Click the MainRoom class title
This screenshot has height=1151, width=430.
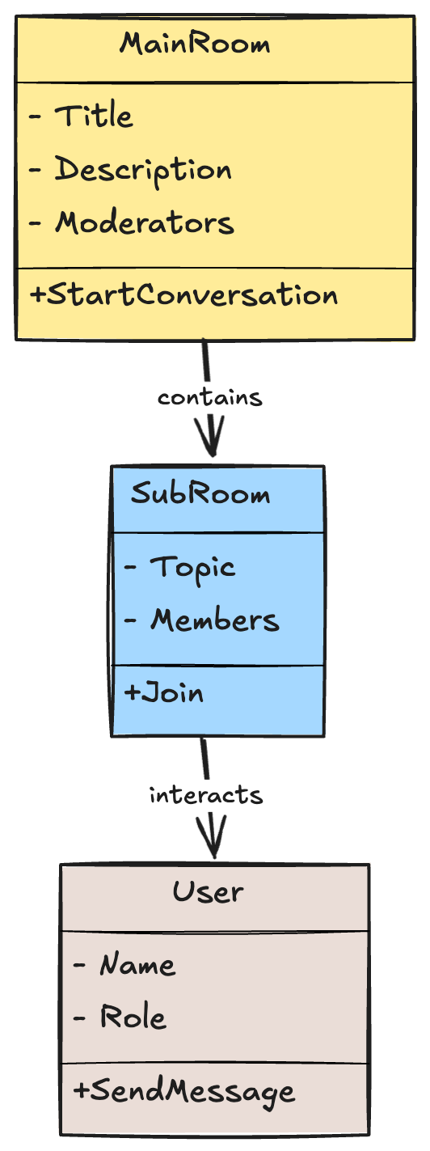point(195,44)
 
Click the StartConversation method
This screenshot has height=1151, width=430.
point(184,295)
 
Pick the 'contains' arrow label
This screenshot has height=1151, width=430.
point(209,397)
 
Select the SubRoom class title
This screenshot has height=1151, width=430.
point(200,494)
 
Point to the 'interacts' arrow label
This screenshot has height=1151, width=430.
point(206,795)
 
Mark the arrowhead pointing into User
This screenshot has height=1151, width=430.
point(213,837)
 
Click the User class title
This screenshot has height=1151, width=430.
point(208,892)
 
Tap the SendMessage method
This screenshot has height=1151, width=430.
point(184,1093)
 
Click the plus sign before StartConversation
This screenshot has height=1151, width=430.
point(37,295)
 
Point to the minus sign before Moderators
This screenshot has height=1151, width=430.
point(35,223)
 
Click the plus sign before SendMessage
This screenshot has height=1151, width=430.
point(81,1090)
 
